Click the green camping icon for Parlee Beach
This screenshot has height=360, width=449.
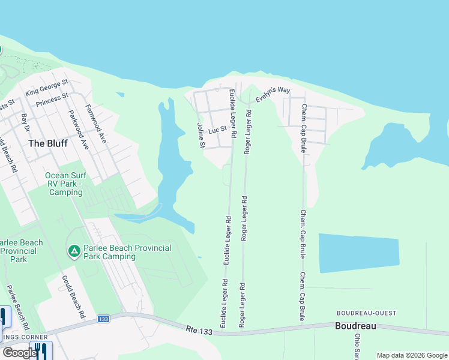(x=74, y=250)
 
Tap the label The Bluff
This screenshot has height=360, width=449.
(x=48, y=143)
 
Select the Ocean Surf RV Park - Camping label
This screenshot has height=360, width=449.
(x=65, y=184)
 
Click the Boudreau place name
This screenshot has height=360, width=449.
(x=355, y=326)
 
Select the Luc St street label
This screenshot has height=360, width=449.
(x=217, y=129)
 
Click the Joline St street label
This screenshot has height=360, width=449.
(x=201, y=136)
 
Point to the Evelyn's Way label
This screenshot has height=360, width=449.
(x=273, y=95)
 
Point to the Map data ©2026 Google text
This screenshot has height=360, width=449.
(x=411, y=355)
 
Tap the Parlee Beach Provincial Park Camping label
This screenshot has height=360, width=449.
(x=127, y=252)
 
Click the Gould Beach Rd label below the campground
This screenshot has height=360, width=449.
(x=73, y=296)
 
